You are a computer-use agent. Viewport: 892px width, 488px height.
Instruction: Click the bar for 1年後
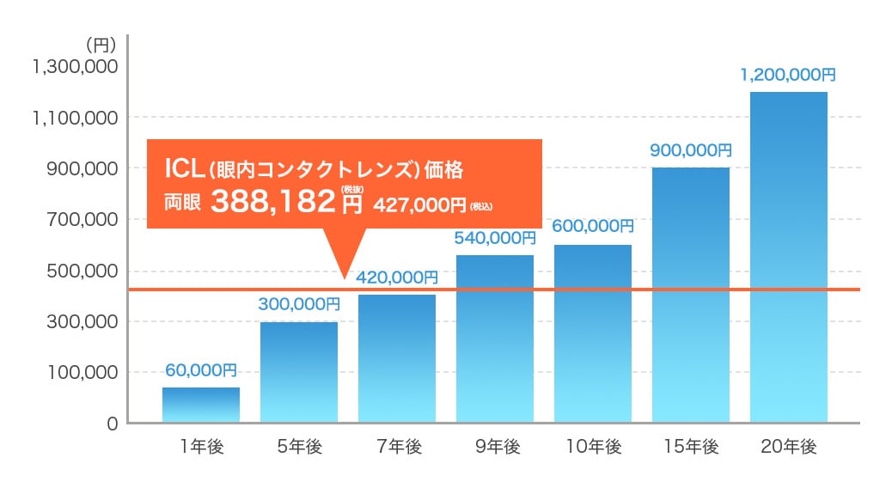[201, 405]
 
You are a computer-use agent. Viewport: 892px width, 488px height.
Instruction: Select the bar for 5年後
[299, 372]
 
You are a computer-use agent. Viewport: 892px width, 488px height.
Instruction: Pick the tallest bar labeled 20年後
[789, 257]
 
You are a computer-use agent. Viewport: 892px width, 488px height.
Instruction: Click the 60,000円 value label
[201, 370]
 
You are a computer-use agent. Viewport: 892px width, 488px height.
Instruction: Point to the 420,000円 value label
[397, 278]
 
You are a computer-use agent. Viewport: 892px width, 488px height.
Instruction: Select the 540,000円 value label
[495, 238]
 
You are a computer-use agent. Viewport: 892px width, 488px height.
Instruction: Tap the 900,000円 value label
[691, 150]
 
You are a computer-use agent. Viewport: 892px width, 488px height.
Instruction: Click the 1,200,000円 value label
[789, 75]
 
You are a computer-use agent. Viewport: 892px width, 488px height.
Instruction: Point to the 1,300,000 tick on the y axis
[74, 67]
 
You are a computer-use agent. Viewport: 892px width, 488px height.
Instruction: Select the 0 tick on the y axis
[112, 423]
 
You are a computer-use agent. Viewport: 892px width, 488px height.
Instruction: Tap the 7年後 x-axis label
[397, 447]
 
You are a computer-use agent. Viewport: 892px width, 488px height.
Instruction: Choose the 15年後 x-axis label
[691, 447]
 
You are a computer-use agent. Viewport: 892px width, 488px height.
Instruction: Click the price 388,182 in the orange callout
[272, 203]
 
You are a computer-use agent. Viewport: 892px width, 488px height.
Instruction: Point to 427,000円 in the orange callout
[419, 205]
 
